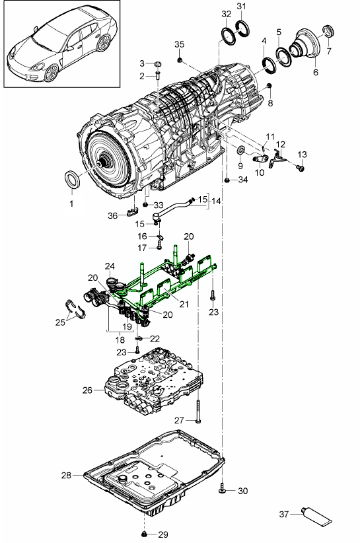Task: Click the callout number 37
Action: tap(284, 513)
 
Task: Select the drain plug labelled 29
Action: tap(144, 533)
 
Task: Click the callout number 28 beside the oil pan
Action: tap(65, 475)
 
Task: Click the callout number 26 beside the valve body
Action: tap(87, 390)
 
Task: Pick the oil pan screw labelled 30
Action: tap(222, 490)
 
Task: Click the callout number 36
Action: tap(113, 215)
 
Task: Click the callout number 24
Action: tap(108, 266)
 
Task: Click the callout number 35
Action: tap(179, 44)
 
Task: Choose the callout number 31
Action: tap(241, 7)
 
